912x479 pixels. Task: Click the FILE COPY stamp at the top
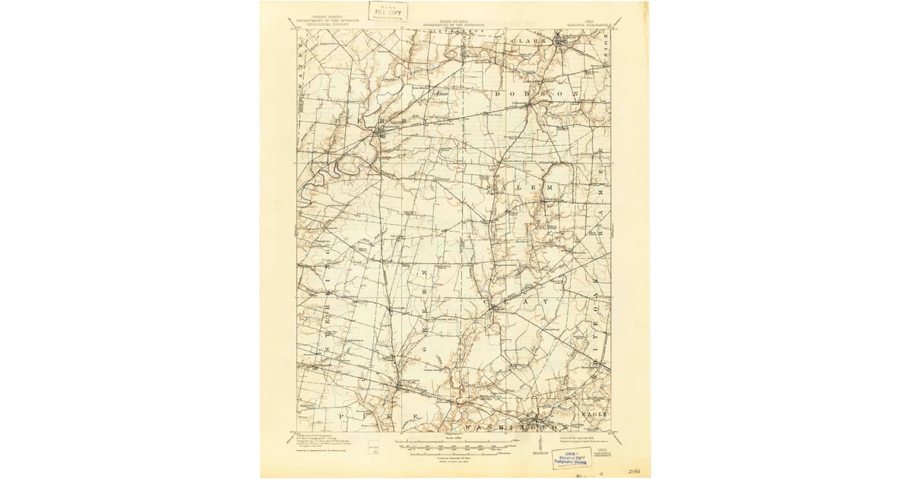tap(388, 11)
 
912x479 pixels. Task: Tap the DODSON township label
tap(536, 94)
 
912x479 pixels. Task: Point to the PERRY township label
tap(366, 121)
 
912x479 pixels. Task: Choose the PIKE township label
tap(380, 417)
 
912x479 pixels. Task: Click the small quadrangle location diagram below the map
tap(372, 450)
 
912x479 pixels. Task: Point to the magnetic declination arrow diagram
tap(541, 452)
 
